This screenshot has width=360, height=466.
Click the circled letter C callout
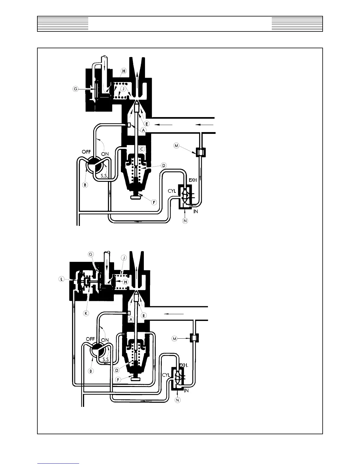tap(142, 149)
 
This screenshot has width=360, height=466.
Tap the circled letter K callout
tap(86, 314)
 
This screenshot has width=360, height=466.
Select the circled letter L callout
tap(61, 279)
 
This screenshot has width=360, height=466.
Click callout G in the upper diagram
tap(76, 89)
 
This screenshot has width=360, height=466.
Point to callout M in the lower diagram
tap(175, 339)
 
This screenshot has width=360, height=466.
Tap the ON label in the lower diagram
tap(105, 340)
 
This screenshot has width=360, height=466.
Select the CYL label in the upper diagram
tap(172, 191)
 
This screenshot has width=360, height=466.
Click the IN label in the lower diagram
tap(186, 391)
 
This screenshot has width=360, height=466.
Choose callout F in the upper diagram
tap(154, 202)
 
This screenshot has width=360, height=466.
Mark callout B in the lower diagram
tap(91, 371)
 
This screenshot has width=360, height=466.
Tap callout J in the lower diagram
tap(124, 258)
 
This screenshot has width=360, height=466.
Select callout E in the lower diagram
tap(144, 315)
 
